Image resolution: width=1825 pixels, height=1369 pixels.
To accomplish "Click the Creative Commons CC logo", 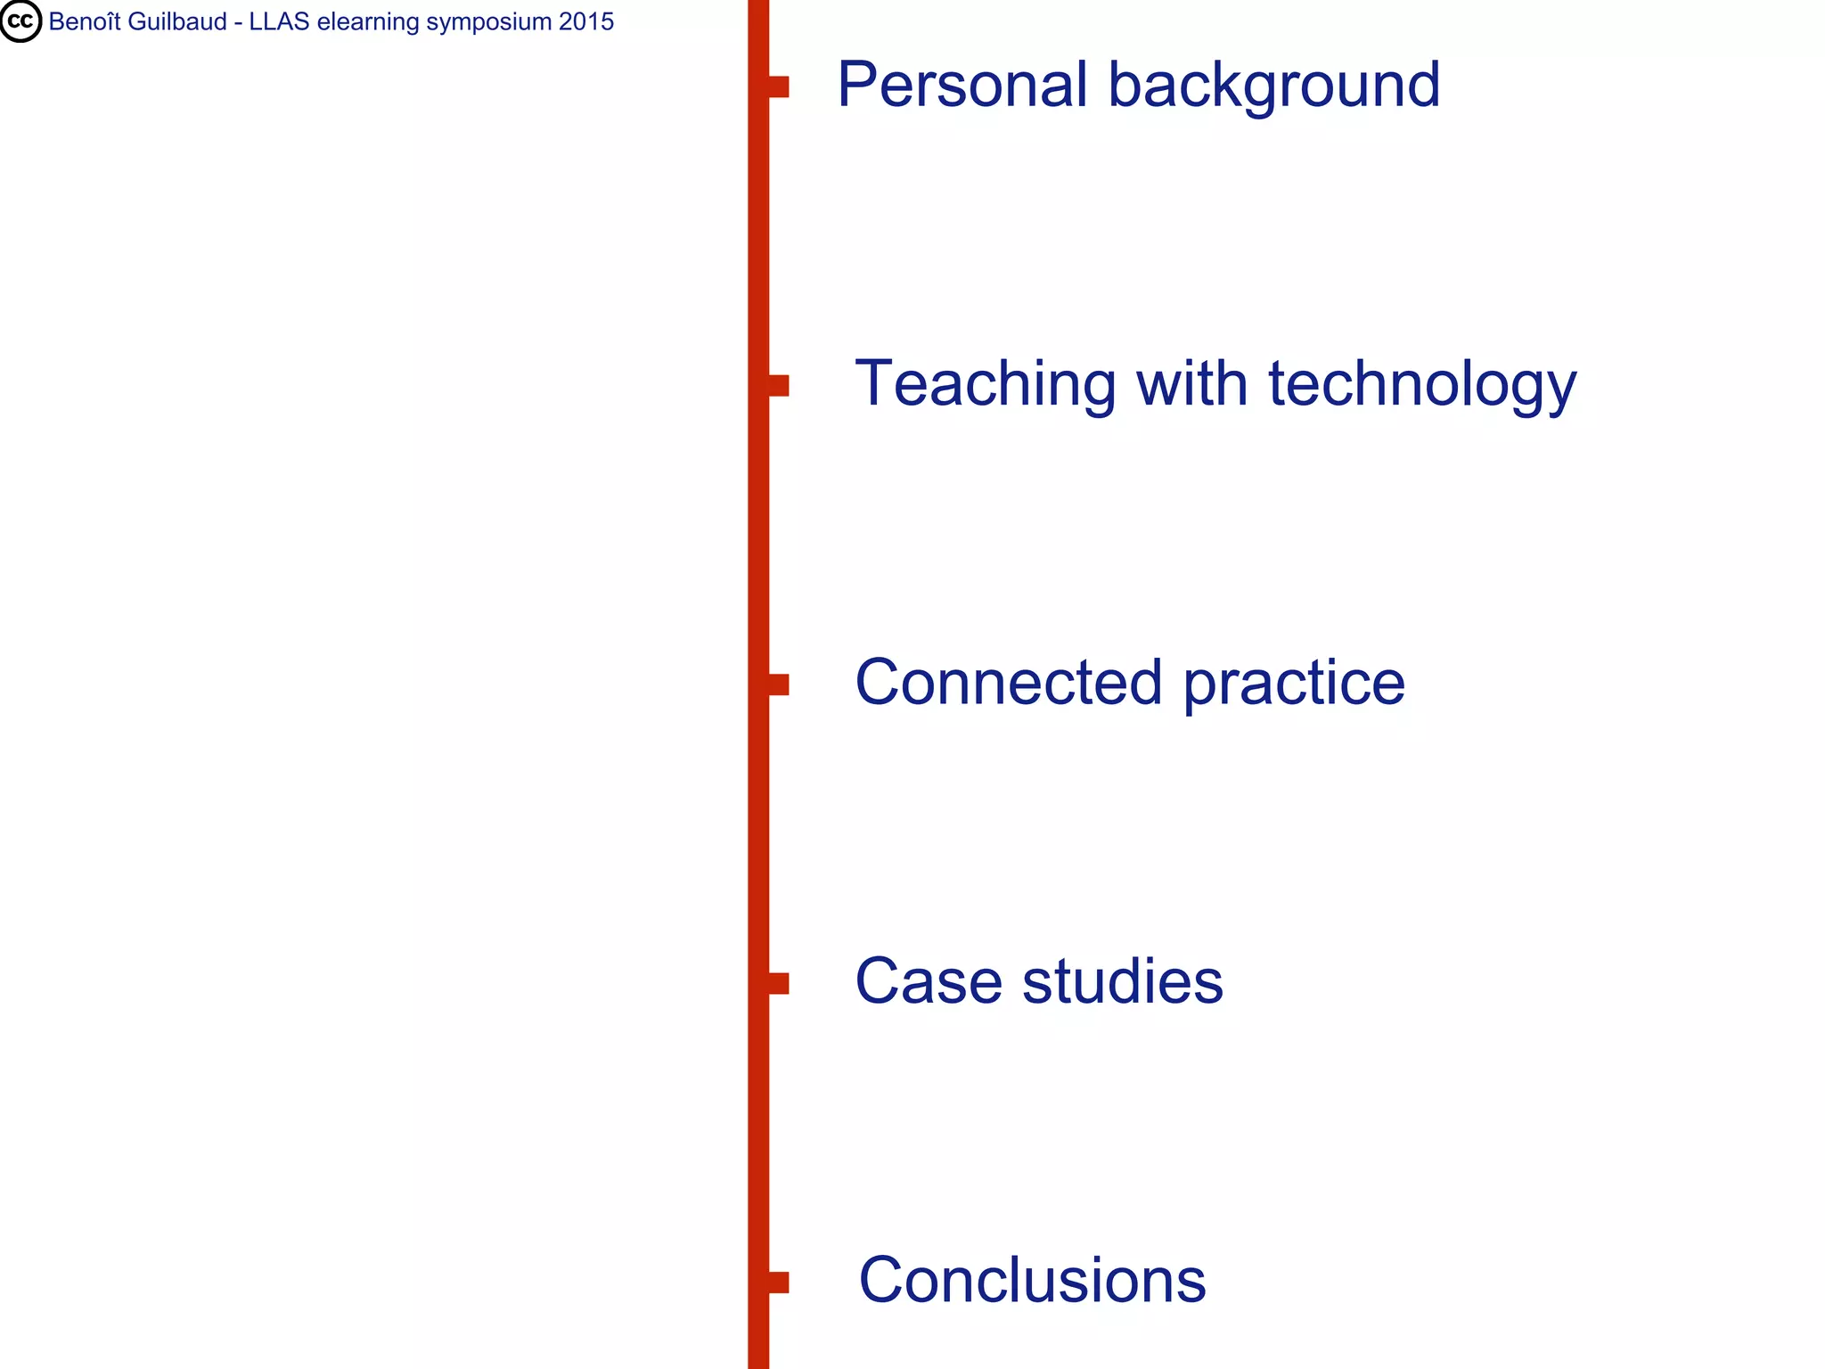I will click(20, 21).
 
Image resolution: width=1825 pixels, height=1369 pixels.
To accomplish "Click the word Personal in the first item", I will click(962, 86).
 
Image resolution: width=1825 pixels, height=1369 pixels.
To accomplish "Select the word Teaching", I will click(985, 385).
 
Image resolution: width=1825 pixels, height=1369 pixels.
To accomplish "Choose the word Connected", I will click(1009, 683).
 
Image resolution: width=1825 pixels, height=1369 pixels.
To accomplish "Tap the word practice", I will click(1294, 684).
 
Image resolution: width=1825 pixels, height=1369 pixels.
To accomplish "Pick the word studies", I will click(1123, 981).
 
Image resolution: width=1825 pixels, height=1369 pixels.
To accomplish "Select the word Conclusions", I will click(1032, 1280).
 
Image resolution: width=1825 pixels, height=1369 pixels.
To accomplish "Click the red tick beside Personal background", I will click(778, 87).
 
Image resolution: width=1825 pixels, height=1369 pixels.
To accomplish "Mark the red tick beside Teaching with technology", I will click(778, 386).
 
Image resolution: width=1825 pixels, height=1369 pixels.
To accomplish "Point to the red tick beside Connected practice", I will click(778, 684).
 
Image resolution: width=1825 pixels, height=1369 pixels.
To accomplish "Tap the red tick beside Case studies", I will click(778, 983).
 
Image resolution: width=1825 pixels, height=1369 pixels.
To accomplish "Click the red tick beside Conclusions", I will click(778, 1282).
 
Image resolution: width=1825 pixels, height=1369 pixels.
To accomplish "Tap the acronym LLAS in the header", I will click(279, 21).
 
